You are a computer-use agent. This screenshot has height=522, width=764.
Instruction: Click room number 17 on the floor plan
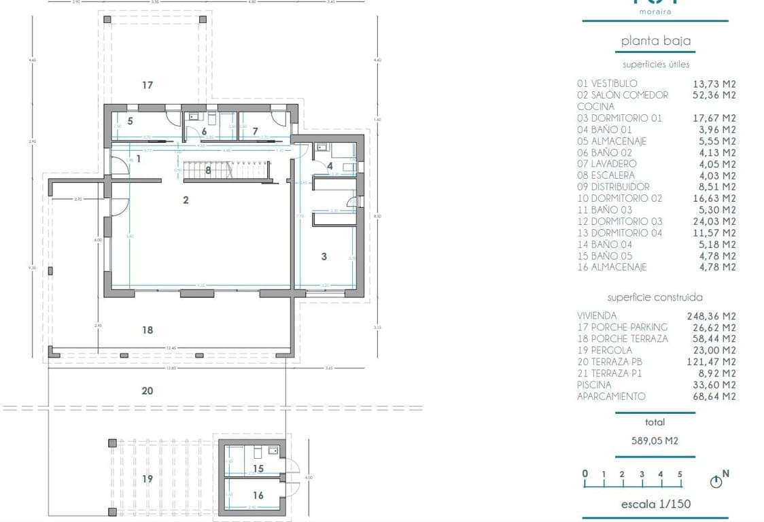click(x=147, y=85)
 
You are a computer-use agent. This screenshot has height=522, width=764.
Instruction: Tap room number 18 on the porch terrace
click(x=147, y=330)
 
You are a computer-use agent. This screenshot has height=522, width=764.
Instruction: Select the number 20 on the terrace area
click(x=147, y=391)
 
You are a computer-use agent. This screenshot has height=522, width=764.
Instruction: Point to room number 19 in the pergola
click(x=147, y=479)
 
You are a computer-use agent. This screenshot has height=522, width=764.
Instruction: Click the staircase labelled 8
click(x=209, y=171)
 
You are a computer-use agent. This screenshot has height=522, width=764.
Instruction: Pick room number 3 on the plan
click(x=324, y=256)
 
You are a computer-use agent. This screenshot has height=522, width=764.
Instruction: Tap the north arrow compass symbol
click(x=716, y=482)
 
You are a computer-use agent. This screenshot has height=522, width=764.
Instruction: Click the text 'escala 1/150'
click(x=655, y=504)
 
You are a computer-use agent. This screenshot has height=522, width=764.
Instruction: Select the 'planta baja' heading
click(x=655, y=41)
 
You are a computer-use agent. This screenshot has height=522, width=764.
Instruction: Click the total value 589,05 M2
click(x=655, y=440)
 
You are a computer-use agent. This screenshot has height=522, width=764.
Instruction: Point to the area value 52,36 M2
click(x=713, y=95)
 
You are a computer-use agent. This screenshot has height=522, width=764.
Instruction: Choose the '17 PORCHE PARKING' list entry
click(x=622, y=327)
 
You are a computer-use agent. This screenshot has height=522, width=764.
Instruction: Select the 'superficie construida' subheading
click(x=655, y=297)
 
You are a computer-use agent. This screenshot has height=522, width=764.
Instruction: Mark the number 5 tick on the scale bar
click(x=680, y=474)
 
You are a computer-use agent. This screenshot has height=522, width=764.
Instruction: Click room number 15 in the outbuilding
click(x=258, y=469)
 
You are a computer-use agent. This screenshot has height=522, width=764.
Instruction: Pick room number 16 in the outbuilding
click(x=258, y=495)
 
